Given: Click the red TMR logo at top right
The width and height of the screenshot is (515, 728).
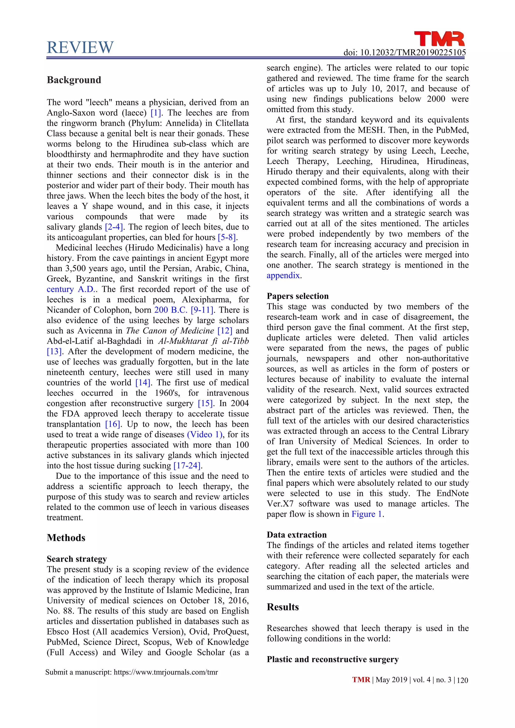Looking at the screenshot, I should [x=439, y=39].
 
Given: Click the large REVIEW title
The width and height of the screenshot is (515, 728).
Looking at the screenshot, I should [x=80, y=48].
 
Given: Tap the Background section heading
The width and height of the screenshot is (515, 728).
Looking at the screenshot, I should [x=74, y=80].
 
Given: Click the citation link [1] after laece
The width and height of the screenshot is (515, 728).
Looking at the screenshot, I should [x=156, y=113].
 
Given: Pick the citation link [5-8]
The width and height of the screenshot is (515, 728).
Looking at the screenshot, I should [x=227, y=238].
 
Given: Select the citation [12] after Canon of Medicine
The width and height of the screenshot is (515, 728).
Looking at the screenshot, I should [x=225, y=331].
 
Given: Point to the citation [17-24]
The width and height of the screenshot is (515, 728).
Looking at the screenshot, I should [x=187, y=466].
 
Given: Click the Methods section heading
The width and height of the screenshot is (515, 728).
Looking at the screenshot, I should [x=66, y=538].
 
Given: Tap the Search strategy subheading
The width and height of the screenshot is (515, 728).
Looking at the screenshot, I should [x=77, y=559].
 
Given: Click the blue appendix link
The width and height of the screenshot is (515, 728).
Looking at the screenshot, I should [x=283, y=276].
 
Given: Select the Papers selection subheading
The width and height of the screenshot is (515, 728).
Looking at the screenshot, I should [x=297, y=296].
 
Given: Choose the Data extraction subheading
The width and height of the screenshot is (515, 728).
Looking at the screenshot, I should [x=296, y=535].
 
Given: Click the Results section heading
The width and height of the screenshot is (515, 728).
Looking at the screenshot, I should [x=283, y=607].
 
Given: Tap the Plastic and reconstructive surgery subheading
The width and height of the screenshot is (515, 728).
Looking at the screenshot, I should [x=332, y=660].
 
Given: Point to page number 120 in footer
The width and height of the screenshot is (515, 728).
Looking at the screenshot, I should [x=463, y=680].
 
